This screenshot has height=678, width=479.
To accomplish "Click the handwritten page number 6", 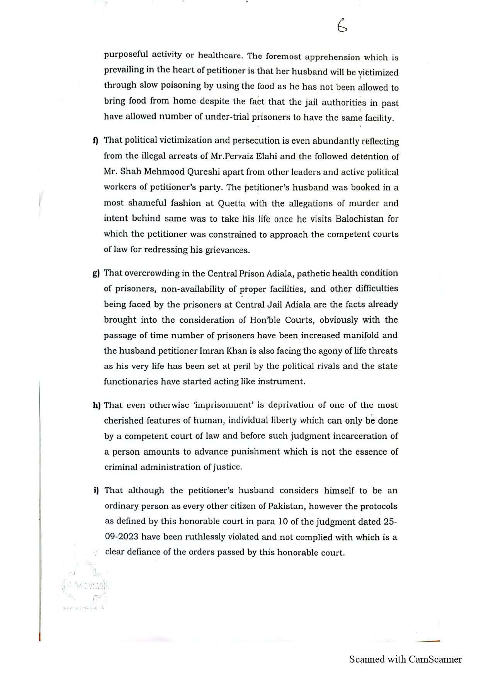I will click(342, 26).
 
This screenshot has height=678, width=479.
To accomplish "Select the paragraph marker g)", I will click(96, 274).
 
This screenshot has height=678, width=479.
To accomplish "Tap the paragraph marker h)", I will click(96, 405).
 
